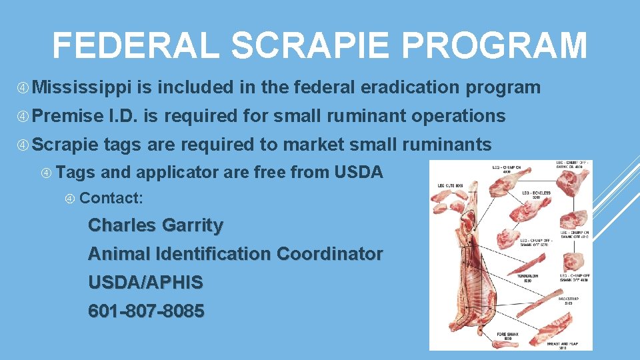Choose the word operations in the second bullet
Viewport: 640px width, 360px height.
click(458, 115)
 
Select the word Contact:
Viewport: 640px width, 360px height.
click(111, 198)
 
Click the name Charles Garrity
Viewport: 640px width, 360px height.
click(155, 225)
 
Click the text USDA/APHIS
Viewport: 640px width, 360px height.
click(145, 283)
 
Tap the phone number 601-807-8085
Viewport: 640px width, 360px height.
click(146, 311)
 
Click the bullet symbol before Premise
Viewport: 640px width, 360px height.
click(23, 116)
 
